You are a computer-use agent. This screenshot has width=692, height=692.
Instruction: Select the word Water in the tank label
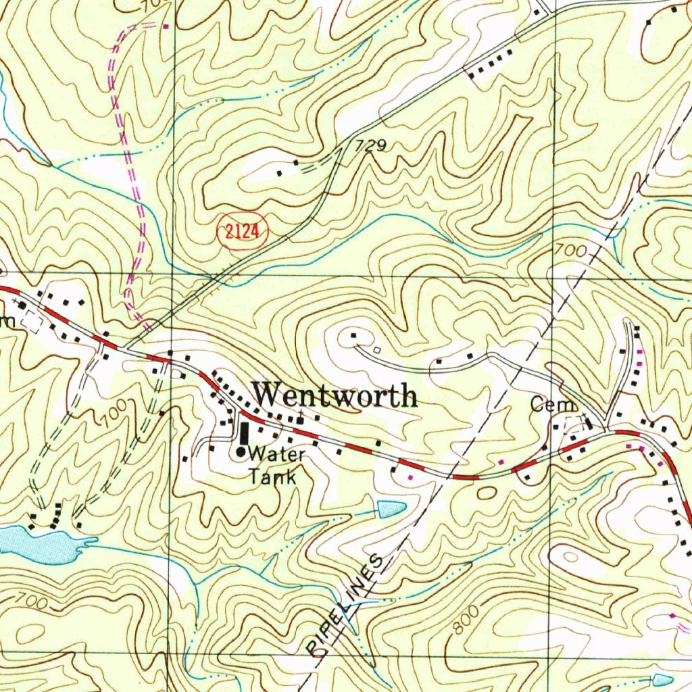click(276, 453)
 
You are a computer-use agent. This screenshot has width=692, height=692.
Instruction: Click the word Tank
click(272, 476)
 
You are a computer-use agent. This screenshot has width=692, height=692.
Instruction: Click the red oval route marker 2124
click(242, 232)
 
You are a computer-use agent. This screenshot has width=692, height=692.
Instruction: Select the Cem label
click(553, 405)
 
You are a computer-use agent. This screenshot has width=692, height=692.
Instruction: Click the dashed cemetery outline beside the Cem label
click(574, 424)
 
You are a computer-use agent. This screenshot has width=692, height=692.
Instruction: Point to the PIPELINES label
click(345, 605)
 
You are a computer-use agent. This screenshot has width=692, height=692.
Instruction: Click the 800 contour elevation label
click(467, 621)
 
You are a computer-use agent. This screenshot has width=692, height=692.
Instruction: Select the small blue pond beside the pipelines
click(391, 509)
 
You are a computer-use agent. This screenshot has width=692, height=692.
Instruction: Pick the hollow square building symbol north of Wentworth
click(377, 349)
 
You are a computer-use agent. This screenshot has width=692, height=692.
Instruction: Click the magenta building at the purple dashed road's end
click(166, 26)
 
